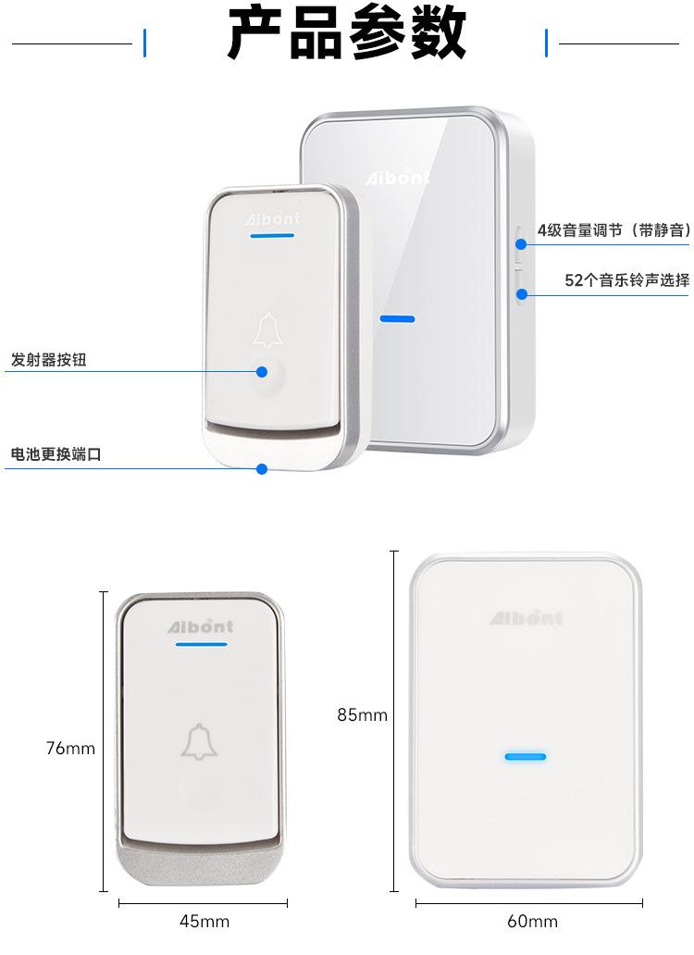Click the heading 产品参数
tap(347, 36)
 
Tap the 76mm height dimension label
tap(70, 748)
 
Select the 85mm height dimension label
tap(362, 714)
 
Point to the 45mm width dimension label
tap(204, 921)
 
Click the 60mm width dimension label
tap(532, 921)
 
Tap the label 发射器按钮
tap(48, 360)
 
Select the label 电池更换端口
tap(55, 455)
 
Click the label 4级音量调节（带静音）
tap(613, 230)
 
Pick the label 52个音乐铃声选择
tap(626, 280)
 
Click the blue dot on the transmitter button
tap(262, 371)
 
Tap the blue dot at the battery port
tap(262, 469)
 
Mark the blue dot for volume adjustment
tap(522, 244)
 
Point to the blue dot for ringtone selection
tap(522, 294)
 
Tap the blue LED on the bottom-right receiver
tap(525, 756)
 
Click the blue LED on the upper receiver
tap(397, 319)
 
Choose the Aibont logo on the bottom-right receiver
tap(526, 618)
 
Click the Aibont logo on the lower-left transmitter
tap(200, 626)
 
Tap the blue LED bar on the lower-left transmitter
tap(200, 645)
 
